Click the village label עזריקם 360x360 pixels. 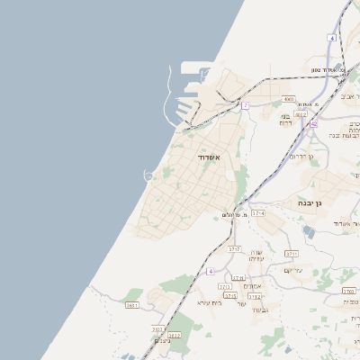(295, 270)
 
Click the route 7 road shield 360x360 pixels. (244, 105)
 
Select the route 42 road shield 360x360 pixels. (312, 123)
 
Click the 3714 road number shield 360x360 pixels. (258, 213)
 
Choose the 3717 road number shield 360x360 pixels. (234, 249)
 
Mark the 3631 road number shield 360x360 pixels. (132, 305)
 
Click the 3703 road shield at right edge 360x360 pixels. (349, 291)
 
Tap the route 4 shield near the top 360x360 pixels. (331, 38)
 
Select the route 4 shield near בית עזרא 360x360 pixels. (211, 271)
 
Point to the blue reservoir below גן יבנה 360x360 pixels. (310, 231)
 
